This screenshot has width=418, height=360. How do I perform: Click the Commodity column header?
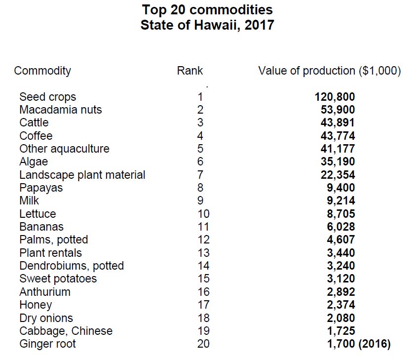coord(42,71)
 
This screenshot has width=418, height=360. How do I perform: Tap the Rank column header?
coord(190,71)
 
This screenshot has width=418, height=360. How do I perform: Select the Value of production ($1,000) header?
coord(330,71)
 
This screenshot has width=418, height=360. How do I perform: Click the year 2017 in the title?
coord(260,25)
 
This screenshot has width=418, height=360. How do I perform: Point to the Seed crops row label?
coord(48,97)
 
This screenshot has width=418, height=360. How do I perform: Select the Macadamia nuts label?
coord(61,110)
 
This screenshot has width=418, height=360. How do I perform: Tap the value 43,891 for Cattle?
coord(338,122)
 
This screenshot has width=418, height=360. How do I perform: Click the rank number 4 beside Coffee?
coord(200,136)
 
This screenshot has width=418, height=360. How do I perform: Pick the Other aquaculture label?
coord(64,149)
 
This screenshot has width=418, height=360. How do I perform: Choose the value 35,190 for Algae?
coord(338,161)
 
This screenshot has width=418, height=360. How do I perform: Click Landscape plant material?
coord(82,175)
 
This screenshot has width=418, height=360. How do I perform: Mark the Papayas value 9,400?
coord(341,188)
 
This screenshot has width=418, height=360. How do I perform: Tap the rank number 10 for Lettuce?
coord(203,214)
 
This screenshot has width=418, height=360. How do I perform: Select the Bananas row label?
coord(41,227)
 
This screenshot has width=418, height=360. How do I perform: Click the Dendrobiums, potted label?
coord(72,266)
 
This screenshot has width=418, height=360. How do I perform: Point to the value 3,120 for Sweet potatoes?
coord(341,279)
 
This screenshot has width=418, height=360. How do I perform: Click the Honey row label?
coord(36,305)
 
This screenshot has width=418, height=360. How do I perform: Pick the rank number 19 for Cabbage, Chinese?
coord(203,331)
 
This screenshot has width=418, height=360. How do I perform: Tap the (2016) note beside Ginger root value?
coord(375,344)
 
